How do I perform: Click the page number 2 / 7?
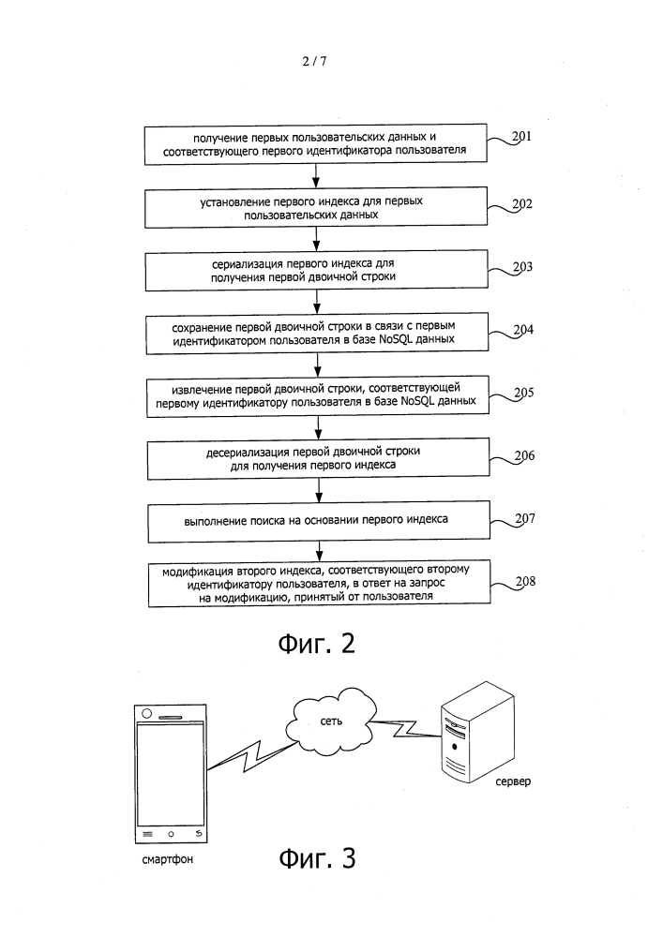314,61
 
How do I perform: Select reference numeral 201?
521,136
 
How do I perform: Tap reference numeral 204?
523,329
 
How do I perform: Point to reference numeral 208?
525,582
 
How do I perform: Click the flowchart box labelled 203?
316,270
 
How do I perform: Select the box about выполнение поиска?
319,521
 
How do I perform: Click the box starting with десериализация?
318,458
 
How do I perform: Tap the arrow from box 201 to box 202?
316,176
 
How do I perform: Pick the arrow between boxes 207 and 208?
319,551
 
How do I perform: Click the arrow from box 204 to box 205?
318,364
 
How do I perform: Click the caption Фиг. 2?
317,644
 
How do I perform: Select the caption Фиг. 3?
318,858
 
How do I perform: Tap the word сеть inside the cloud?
331,721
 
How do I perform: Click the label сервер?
513,781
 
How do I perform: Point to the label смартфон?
168,860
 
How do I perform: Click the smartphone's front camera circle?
146,713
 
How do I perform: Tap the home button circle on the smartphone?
171,834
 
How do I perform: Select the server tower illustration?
477,731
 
